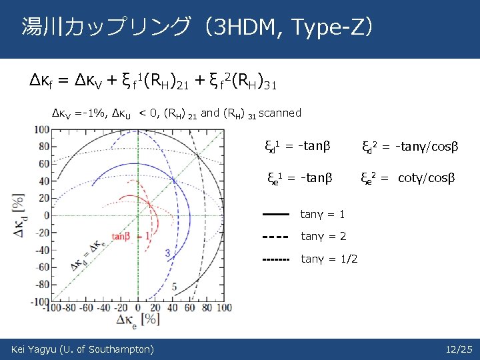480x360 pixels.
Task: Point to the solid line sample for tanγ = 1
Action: coord(275,215)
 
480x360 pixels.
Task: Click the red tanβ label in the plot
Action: coord(121,237)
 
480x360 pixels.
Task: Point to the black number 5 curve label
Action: coord(174,287)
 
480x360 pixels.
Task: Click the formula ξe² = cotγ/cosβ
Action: coord(408,178)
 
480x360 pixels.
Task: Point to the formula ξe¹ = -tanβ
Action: coord(298,178)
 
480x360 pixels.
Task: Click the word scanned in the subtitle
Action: coord(280,113)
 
